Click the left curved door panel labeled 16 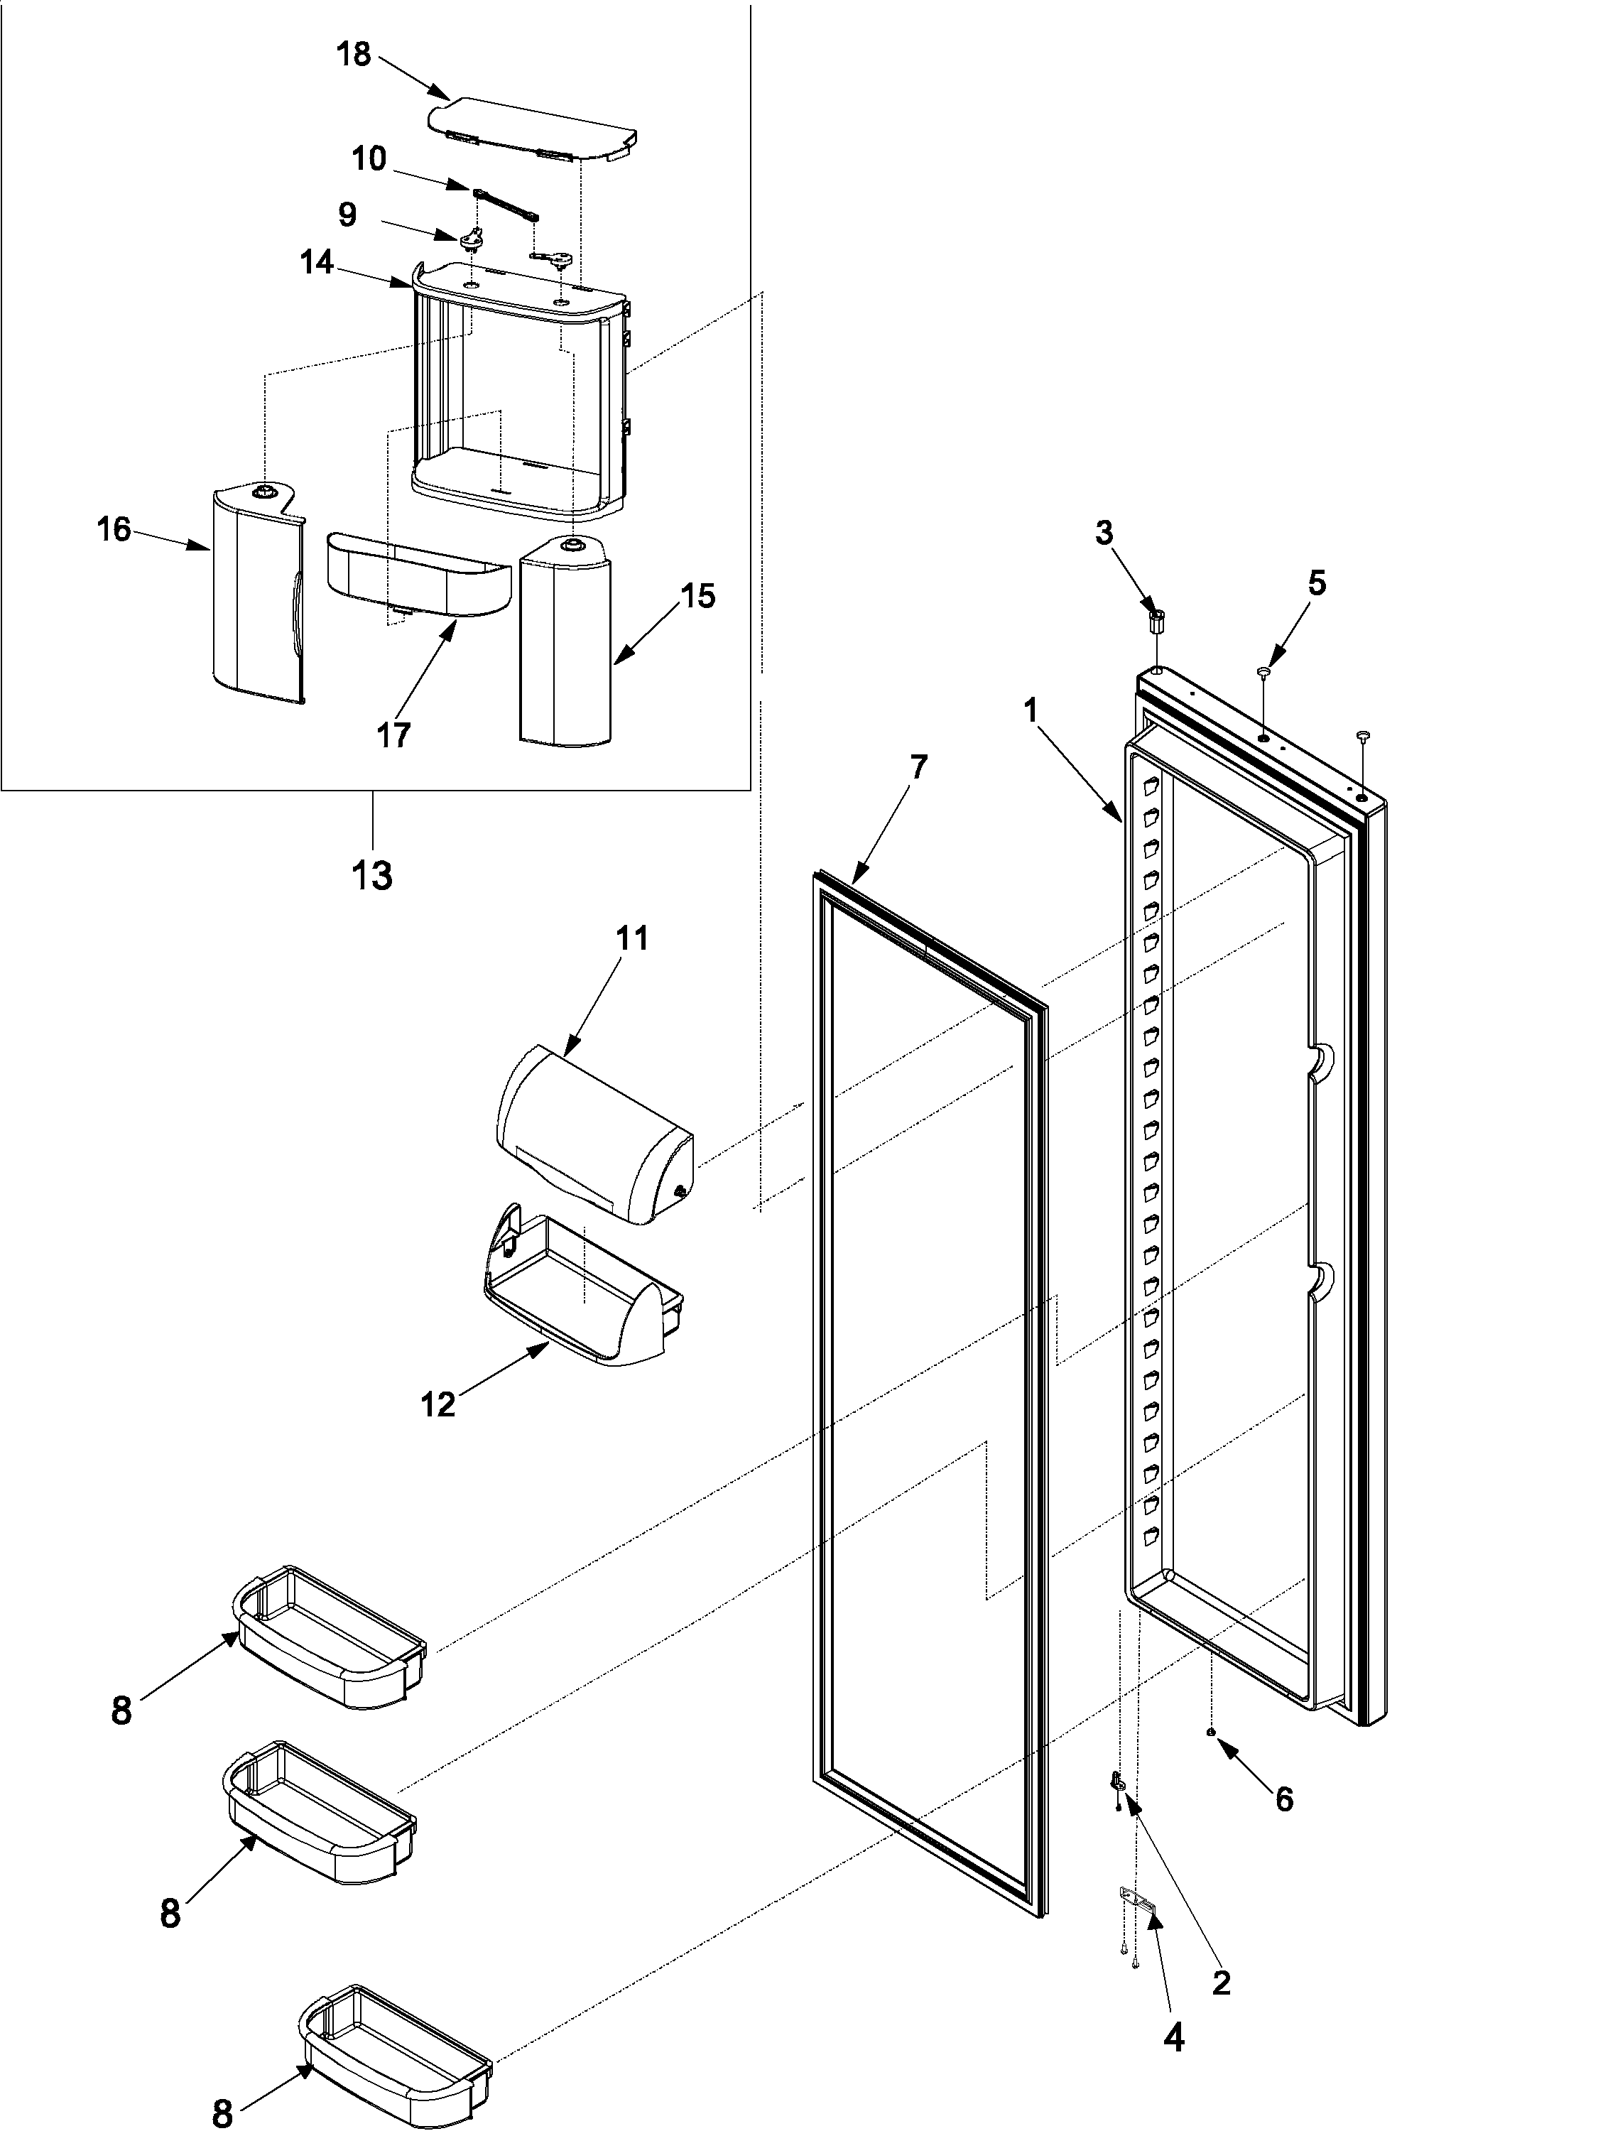[255, 592]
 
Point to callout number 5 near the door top [1316, 583]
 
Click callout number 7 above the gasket [918, 767]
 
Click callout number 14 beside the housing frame [317, 262]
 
